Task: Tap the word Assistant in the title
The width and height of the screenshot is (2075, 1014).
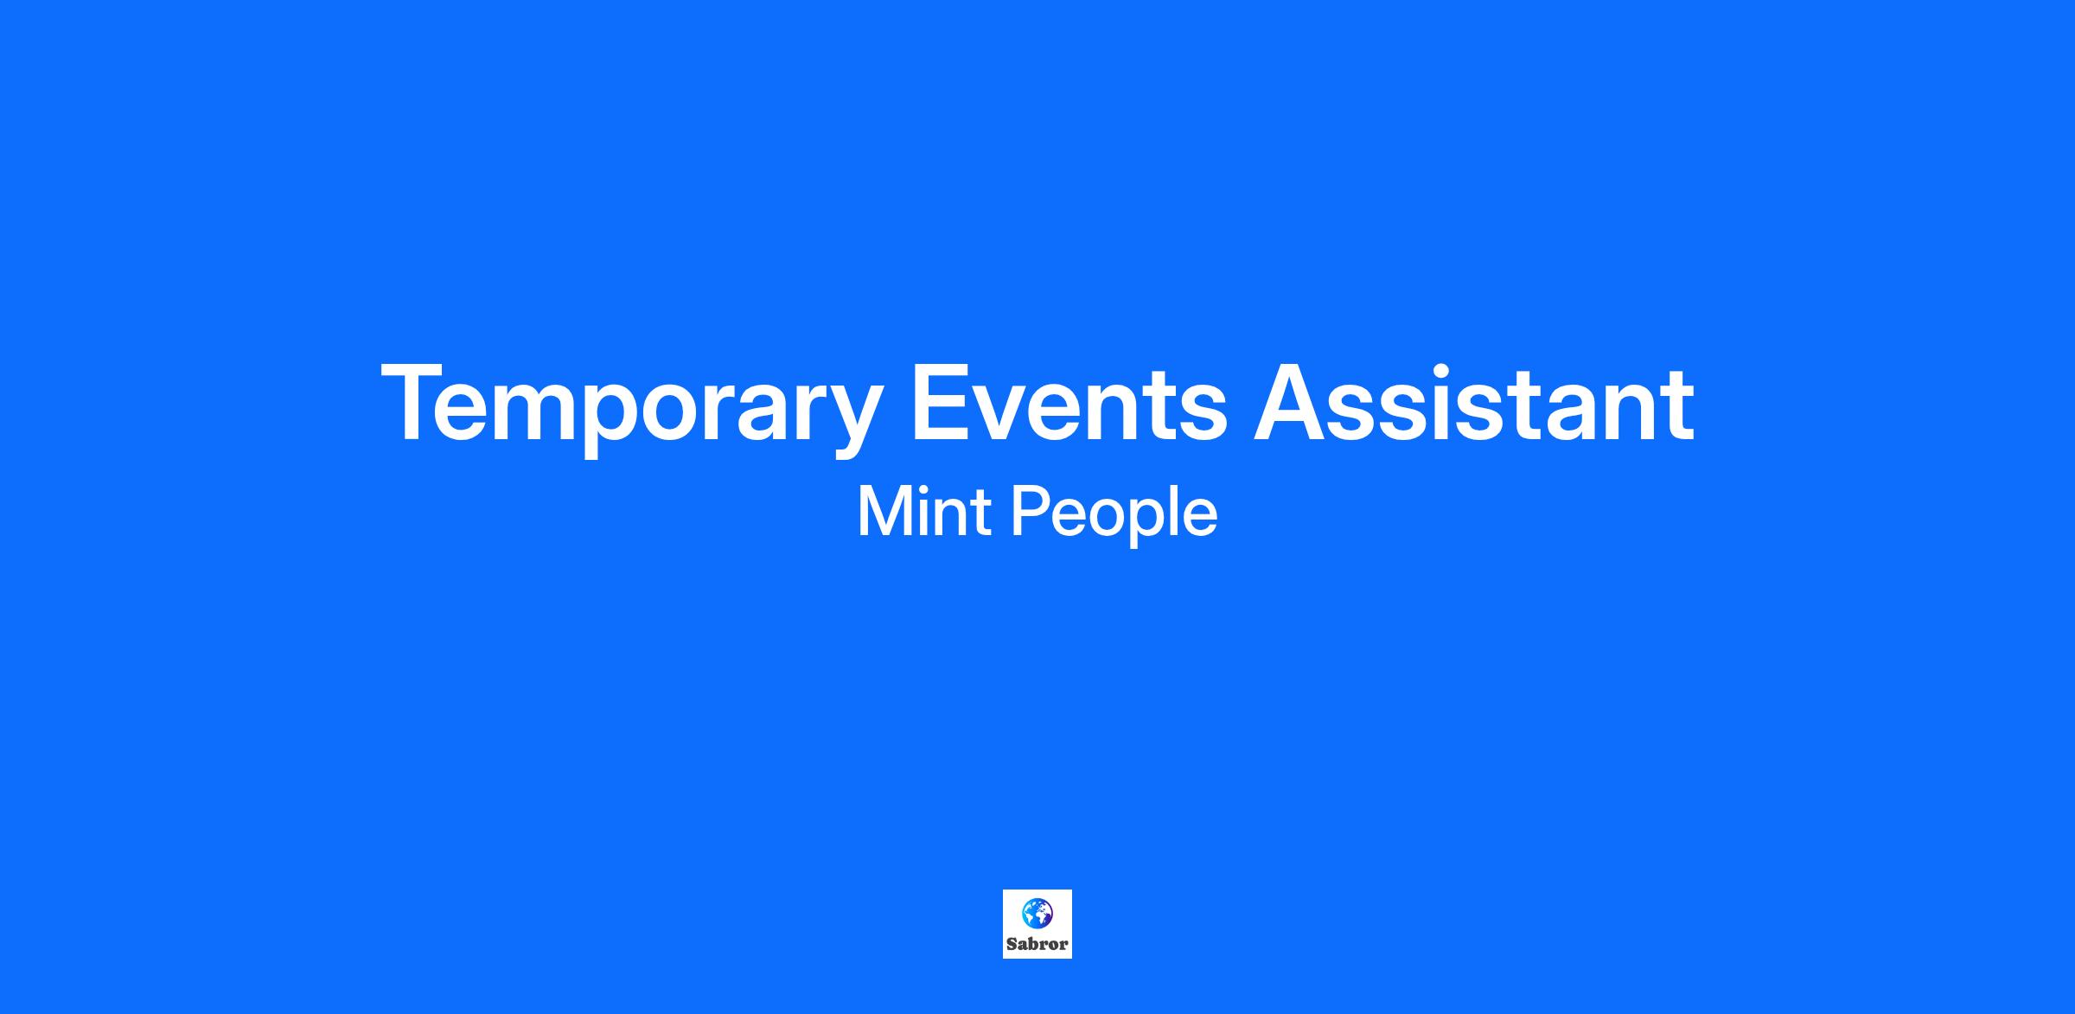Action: [x=1474, y=403]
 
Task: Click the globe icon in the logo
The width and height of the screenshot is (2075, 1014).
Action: [x=1037, y=912]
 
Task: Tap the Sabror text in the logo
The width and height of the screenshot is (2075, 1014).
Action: [x=1037, y=944]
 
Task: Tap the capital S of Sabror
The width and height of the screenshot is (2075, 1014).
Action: [x=1012, y=944]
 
